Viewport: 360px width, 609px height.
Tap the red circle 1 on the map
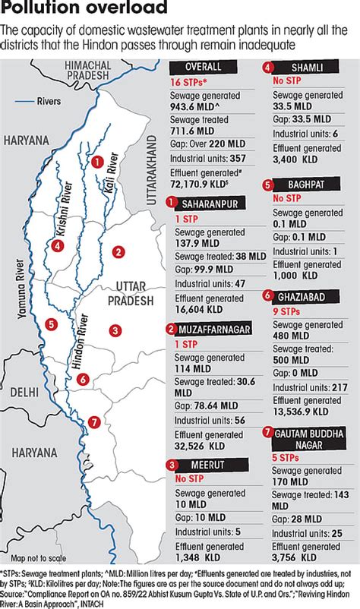[97, 161]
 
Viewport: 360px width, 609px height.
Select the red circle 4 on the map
[58, 245]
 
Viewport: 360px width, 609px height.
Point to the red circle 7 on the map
[94, 422]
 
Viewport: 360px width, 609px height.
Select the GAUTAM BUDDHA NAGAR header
[311, 438]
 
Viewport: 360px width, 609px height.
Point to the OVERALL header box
[198, 68]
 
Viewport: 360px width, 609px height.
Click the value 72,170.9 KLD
[197, 183]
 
